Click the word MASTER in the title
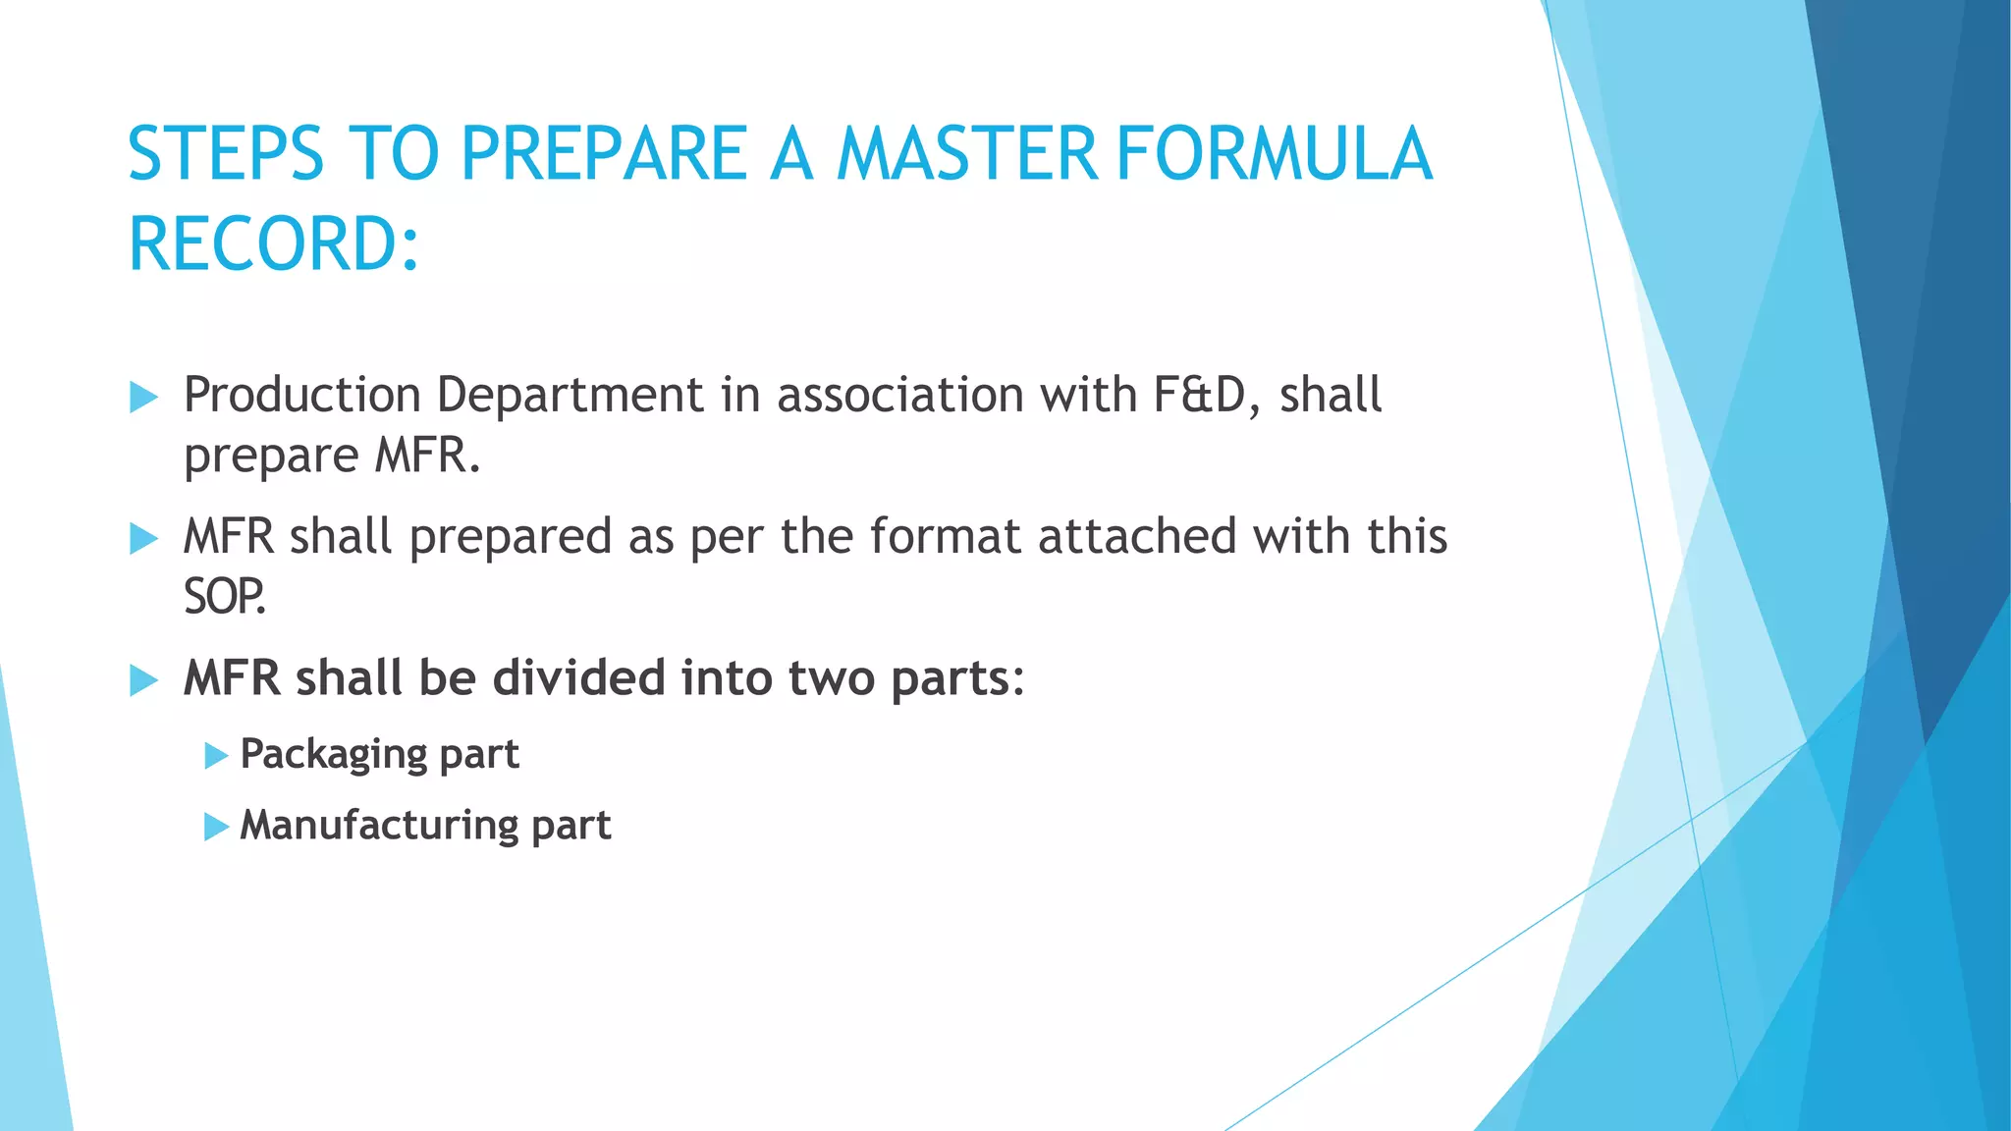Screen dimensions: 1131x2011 click(966, 154)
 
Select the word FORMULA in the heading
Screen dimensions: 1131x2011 click(1274, 154)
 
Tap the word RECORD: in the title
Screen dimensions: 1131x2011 click(274, 244)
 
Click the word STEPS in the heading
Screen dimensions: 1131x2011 click(225, 154)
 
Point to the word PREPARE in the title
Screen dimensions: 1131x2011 click(604, 154)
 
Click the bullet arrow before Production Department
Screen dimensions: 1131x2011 click(143, 398)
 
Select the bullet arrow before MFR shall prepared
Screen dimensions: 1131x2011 click(143, 539)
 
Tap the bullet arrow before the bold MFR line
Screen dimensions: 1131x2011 click(143, 680)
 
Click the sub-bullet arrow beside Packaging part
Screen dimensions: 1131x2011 click(216, 756)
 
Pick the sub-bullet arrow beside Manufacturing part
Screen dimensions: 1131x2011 click(216, 827)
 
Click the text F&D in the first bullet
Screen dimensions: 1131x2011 click(1199, 395)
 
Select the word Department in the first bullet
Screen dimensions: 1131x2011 click(570, 395)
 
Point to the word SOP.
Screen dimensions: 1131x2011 click(224, 596)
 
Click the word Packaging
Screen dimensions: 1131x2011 click(333, 755)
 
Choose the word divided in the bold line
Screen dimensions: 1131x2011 click(578, 678)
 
